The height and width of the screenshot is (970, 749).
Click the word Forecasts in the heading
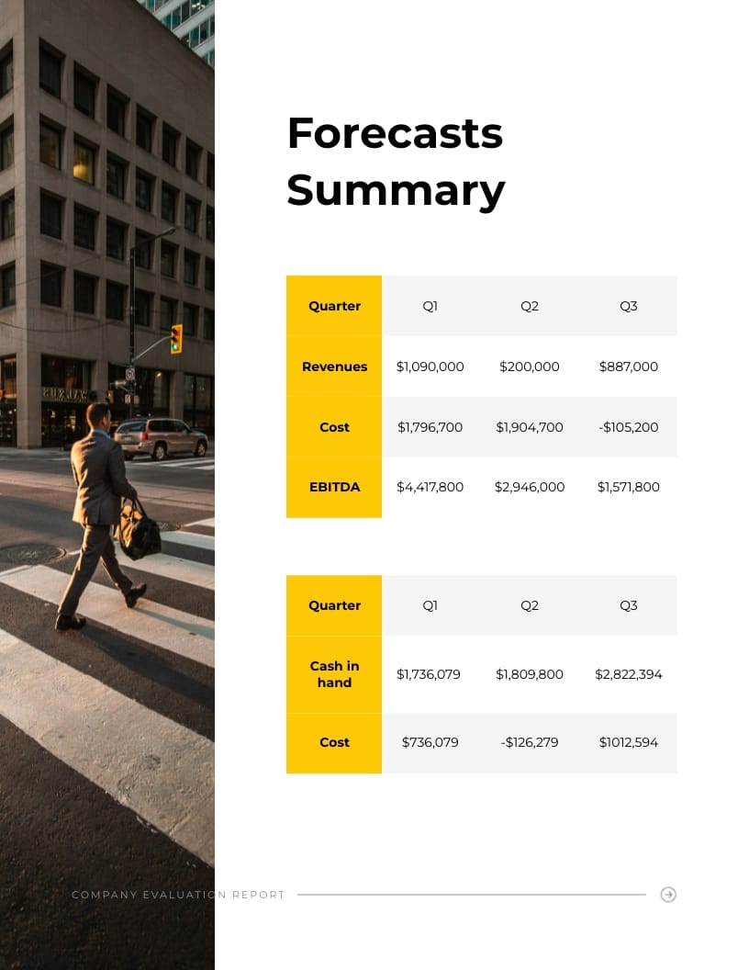[x=395, y=133]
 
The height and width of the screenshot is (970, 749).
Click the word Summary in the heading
[x=396, y=190]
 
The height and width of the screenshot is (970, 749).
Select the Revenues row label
[x=334, y=367]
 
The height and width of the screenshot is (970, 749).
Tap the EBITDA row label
[x=334, y=487]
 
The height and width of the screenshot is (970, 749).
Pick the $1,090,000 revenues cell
[x=430, y=367]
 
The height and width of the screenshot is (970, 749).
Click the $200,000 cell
[x=530, y=367]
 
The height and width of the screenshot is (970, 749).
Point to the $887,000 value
[x=629, y=367]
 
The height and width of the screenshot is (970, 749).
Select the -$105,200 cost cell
[x=629, y=427]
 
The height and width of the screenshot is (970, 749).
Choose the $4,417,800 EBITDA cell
[x=430, y=487]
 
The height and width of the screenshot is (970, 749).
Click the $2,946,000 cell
[x=530, y=487]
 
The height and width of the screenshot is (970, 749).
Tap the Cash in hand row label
[x=334, y=674]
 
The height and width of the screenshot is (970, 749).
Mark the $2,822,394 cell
[x=629, y=674]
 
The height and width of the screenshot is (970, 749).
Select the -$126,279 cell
[x=530, y=742]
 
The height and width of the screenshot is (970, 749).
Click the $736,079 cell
[x=430, y=742]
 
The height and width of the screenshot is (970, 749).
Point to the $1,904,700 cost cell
[x=530, y=427]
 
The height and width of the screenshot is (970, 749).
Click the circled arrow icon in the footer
[x=668, y=895]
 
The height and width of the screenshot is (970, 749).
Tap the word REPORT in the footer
[x=258, y=895]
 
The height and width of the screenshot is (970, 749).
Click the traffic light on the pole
[x=176, y=338]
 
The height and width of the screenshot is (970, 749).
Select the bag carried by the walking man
[x=139, y=533]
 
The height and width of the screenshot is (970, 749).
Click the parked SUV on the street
[x=161, y=438]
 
